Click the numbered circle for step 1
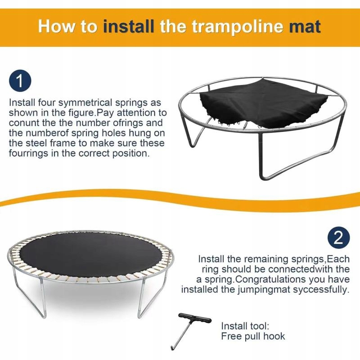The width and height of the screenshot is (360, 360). [20, 82]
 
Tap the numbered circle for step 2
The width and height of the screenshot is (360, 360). [338, 238]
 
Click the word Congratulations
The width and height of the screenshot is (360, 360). [275, 279]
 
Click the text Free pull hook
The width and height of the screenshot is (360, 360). [253, 336]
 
